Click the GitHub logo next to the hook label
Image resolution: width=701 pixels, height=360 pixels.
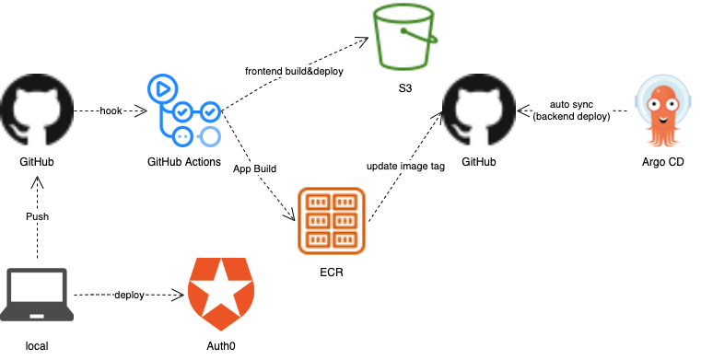coord(37,110)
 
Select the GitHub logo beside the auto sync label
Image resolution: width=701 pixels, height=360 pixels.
coord(478,110)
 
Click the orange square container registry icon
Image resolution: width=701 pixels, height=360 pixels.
coord(332,221)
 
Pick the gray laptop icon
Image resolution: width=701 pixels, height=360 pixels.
coord(37,294)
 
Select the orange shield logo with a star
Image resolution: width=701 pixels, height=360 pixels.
coord(221,294)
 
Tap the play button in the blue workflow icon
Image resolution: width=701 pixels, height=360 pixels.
coord(161,89)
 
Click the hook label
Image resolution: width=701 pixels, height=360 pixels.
coord(111,110)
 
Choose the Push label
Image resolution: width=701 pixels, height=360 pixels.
coord(37,216)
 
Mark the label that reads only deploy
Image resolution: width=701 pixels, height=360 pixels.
coord(129,295)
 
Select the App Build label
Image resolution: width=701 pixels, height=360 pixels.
coord(254,168)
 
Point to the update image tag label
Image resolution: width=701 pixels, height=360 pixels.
coord(405,166)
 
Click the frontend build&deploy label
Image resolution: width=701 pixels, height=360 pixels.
coord(294,71)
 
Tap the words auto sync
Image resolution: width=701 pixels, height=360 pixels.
coord(571,105)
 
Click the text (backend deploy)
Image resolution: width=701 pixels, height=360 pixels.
coord(571,117)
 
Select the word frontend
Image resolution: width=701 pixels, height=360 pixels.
coord(264,71)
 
